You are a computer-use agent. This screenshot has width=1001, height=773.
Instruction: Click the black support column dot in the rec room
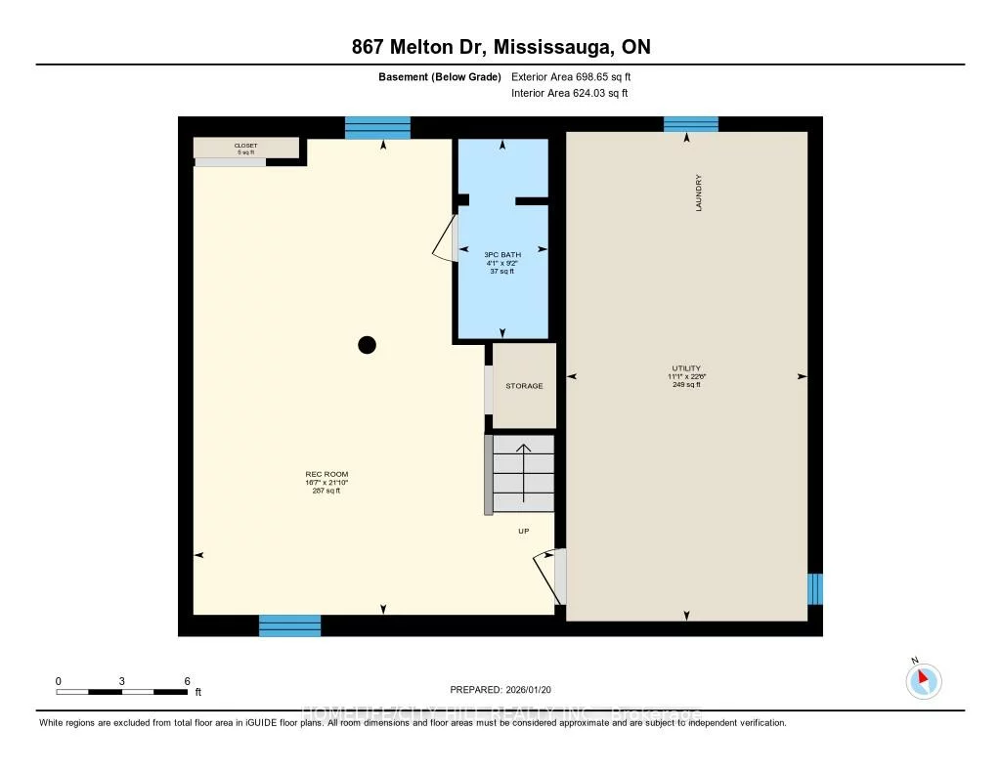point(367,344)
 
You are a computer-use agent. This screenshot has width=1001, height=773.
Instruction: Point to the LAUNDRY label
point(699,193)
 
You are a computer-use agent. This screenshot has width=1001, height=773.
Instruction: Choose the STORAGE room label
point(524,386)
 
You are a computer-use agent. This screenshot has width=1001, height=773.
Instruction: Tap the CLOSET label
point(245,146)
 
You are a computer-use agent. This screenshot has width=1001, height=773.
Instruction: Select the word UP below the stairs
point(524,532)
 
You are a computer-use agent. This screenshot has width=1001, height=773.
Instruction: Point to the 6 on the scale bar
point(186,681)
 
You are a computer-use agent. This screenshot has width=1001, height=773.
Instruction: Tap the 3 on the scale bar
point(122,681)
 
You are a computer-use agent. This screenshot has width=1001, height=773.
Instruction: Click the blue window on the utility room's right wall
point(815,589)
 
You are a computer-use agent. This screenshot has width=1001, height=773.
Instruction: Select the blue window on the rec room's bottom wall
point(289,625)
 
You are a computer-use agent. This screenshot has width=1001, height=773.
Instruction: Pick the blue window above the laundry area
point(691,124)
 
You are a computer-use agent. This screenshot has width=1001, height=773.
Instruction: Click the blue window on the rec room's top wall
point(377,128)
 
